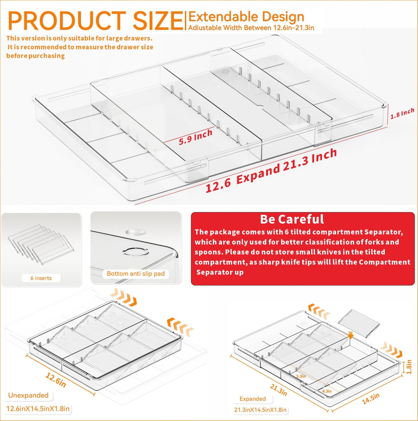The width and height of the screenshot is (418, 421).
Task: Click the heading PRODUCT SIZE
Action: [95, 20]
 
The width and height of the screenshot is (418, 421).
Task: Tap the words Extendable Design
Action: [246, 17]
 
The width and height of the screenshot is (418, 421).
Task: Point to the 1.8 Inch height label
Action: [402, 113]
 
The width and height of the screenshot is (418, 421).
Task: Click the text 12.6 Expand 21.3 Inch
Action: [271, 171]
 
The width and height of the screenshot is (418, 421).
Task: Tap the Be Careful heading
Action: [292, 219]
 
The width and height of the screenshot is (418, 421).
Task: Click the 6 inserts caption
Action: [41, 278]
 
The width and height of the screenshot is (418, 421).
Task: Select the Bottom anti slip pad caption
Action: [136, 274]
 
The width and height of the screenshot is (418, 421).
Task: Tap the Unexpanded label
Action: [29, 395]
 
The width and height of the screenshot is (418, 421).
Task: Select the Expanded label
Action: [253, 399]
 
